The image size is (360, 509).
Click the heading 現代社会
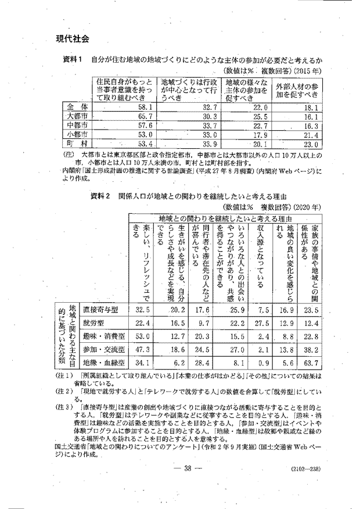(x=73, y=39)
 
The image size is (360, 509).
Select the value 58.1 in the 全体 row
(x=142, y=107)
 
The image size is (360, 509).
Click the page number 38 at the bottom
(x=179, y=469)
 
